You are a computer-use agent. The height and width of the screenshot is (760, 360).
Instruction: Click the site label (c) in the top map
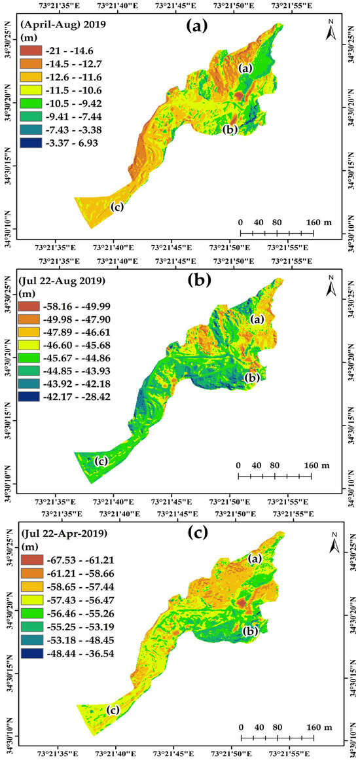click(117, 208)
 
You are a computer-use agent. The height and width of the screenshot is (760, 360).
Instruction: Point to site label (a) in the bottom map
click(256, 559)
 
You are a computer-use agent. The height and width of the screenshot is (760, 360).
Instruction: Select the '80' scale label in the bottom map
click(278, 709)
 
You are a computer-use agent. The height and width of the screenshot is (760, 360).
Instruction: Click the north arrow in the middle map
click(332, 286)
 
